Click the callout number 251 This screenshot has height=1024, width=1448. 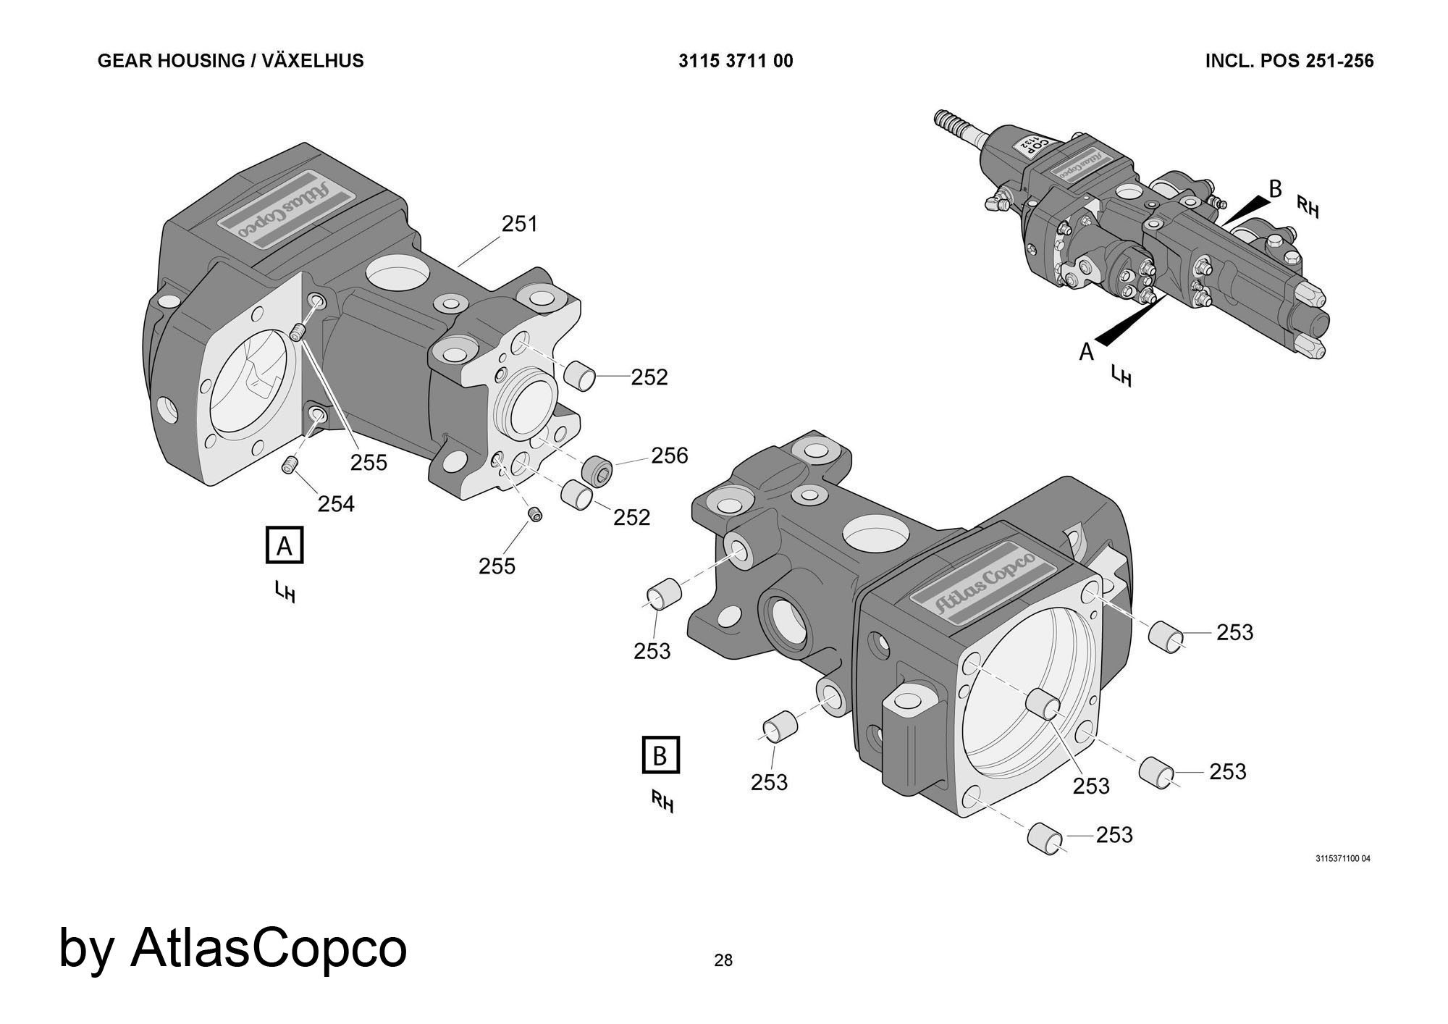[520, 224]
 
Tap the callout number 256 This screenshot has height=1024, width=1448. [669, 456]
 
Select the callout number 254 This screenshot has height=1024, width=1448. [336, 503]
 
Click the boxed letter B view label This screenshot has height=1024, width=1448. [660, 756]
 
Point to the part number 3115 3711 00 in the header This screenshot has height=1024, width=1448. [736, 61]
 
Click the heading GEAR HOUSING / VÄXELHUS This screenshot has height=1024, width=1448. [230, 61]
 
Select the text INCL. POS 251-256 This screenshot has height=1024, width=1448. [1289, 61]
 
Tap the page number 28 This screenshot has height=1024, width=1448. [723, 960]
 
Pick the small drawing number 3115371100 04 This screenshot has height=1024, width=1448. [1342, 859]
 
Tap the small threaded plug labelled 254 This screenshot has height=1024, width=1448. [290, 465]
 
